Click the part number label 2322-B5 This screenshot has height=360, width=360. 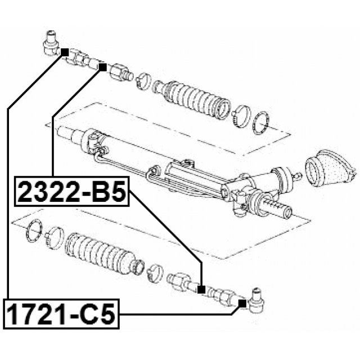tap(72, 191)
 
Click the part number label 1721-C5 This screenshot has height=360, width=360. tap(61, 314)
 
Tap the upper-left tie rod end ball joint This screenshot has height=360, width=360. tap(51, 43)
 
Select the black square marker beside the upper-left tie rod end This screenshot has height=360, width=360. tap(65, 52)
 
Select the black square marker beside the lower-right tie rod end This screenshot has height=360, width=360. tap(242, 303)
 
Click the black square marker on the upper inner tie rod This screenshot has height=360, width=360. tap(102, 67)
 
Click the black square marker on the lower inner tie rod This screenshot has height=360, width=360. tap(201, 290)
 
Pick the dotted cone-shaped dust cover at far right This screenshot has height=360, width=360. tap(331, 168)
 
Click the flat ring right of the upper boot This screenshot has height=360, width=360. tap(260, 123)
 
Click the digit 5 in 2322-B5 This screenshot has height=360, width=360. tap(117, 191)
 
